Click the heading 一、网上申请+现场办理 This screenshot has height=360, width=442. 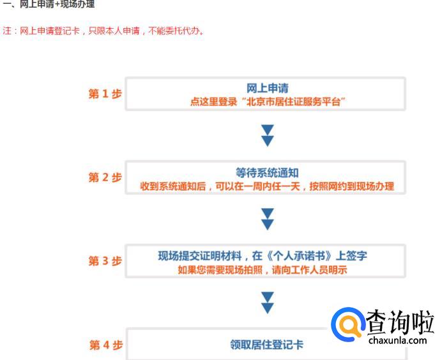click(x=49, y=5)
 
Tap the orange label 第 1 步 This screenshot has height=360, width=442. click(x=105, y=94)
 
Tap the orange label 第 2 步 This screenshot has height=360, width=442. click(x=105, y=178)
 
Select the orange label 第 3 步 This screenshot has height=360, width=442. click(x=105, y=262)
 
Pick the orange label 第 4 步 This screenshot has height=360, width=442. click(x=105, y=345)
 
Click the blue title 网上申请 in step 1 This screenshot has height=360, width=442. click(x=267, y=89)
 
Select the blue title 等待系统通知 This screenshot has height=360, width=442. click(x=267, y=173)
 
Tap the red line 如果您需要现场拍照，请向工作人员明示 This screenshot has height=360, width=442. click(x=267, y=270)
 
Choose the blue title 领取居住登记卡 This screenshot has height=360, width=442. click(x=267, y=345)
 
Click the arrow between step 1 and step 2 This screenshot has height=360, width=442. click(x=268, y=135)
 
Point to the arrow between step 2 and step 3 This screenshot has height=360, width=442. click(x=268, y=218)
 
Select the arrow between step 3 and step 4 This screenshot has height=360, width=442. click(x=268, y=302)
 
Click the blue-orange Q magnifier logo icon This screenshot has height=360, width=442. click(x=349, y=325)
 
